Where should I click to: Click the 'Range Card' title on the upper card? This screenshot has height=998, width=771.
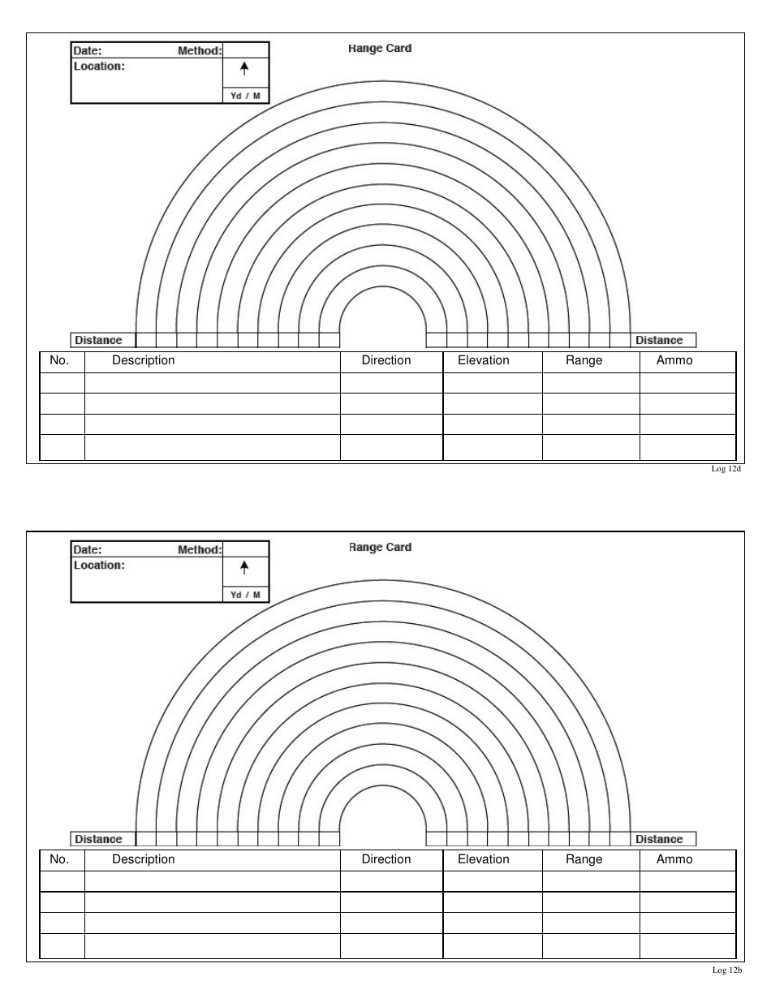(380, 49)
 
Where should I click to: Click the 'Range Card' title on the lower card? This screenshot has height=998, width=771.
(380, 548)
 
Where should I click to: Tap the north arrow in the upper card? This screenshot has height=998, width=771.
(244, 70)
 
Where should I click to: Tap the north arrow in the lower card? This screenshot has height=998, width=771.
(244, 568)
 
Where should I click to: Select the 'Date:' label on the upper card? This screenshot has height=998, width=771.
(88, 51)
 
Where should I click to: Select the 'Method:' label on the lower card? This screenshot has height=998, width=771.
(199, 550)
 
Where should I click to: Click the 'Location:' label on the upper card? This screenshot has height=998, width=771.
(99, 67)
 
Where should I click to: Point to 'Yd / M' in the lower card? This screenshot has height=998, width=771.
(245, 595)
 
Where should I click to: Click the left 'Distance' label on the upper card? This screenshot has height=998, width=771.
(99, 341)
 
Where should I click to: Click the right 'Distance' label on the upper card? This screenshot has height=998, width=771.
(659, 341)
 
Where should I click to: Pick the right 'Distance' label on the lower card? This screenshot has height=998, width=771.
(659, 840)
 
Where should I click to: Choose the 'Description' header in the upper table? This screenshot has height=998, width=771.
(144, 360)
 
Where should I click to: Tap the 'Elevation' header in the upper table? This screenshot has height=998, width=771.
(484, 360)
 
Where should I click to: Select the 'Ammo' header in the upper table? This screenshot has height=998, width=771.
(674, 360)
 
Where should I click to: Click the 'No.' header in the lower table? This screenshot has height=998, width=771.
(60, 859)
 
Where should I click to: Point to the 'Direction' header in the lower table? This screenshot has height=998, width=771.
(386, 859)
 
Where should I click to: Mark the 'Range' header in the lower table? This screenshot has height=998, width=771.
(584, 859)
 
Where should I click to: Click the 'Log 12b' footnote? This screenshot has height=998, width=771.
(727, 970)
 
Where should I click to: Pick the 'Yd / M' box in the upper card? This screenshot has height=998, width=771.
(245, 96)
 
